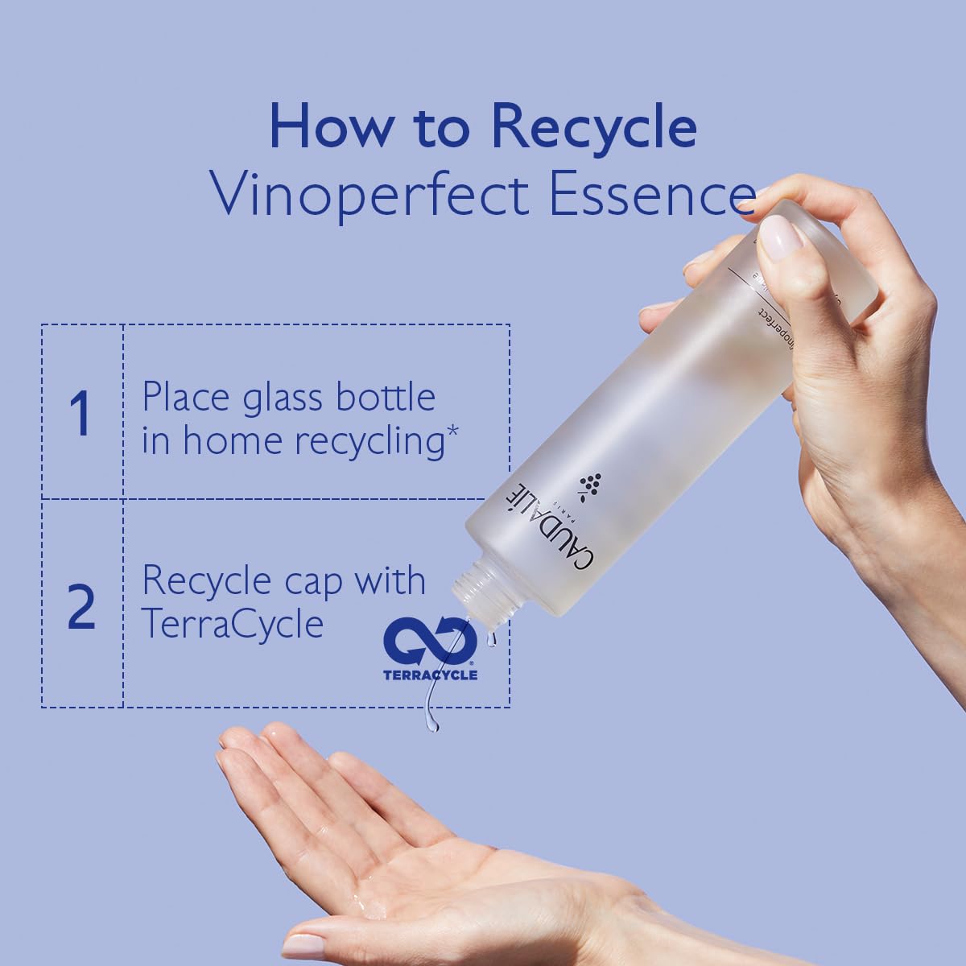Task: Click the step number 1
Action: point(80,413)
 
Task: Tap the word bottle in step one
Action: point(385,398)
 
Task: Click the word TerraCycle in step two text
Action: point(233,623)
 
